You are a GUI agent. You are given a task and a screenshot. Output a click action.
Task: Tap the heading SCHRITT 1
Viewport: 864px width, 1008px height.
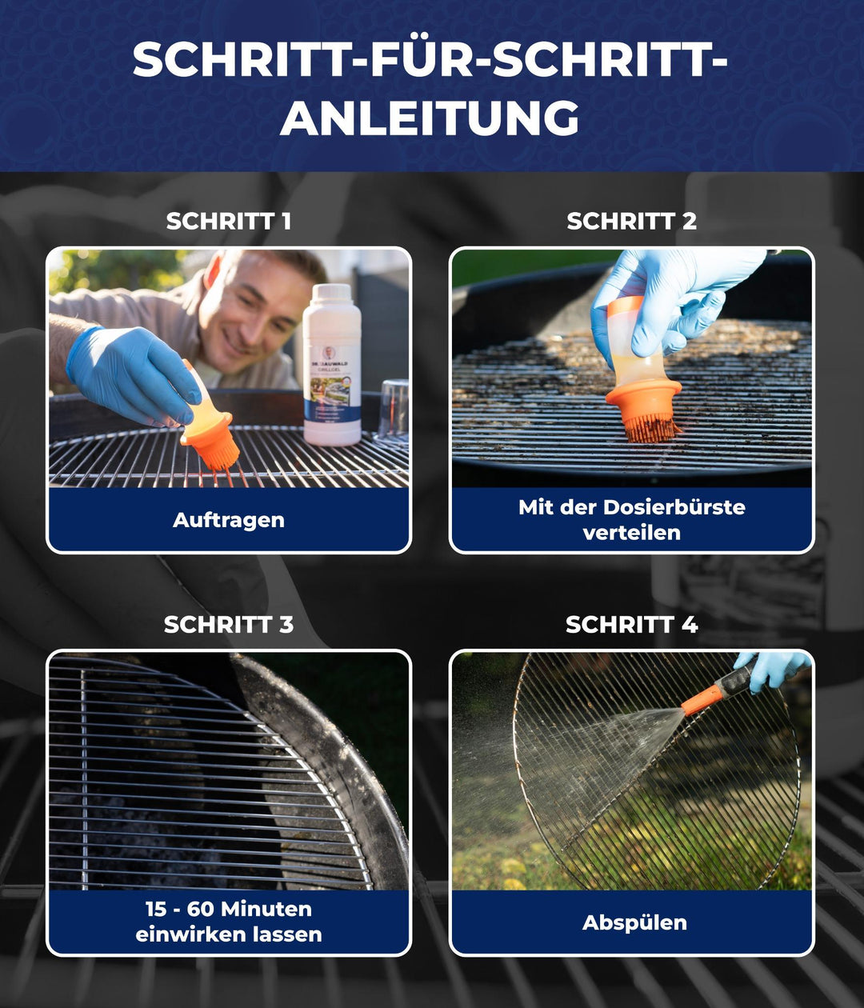pyautogui.click(x=228, y=222)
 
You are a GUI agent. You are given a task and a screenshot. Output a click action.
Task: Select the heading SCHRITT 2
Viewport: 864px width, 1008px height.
pyautogui.click(x=631, y=222)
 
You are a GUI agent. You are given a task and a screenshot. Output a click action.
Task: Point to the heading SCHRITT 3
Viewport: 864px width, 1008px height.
pyautogui.click(x=228, y=625)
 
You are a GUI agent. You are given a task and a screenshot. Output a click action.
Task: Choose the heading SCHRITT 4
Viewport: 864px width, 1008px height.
pyautogui.click(x=631, y=625)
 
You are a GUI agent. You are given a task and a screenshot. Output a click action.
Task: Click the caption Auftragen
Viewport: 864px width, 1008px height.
pyautogui.click(x=228, y=520)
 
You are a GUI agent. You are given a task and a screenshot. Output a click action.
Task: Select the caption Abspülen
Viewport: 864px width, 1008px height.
pyautogui.click(x=634, y=922)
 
